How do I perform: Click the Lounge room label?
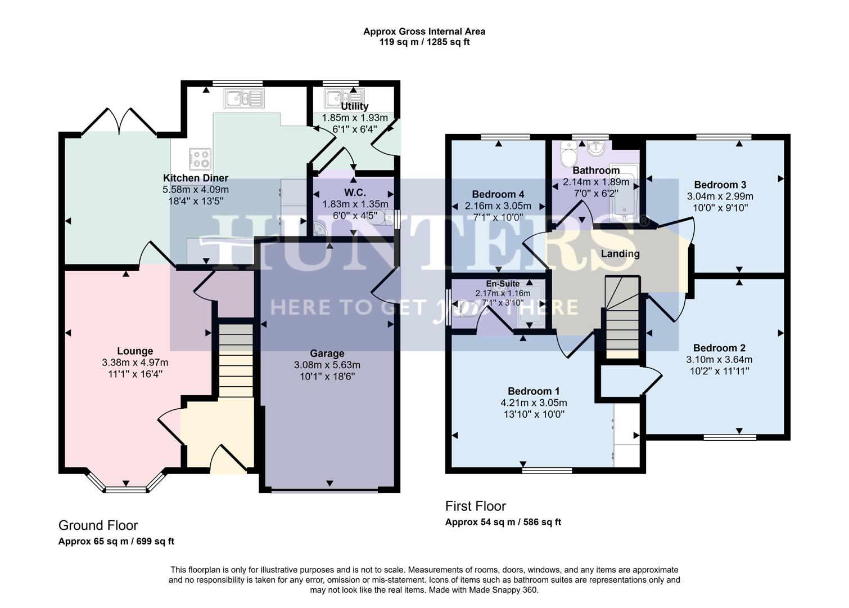[135, 351]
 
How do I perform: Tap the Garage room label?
[327, 354]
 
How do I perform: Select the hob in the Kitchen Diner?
[200, 158]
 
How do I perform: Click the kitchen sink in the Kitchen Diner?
[244, 99]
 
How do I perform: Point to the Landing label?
[620, 254]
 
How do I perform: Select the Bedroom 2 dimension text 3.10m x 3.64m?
[719, 360]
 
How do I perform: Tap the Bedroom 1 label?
[534, 391]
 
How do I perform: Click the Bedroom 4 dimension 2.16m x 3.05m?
[498, 206]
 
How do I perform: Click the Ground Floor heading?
[98, 525]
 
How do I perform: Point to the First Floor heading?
[476, 506]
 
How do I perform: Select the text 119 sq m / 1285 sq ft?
[424, 42]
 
